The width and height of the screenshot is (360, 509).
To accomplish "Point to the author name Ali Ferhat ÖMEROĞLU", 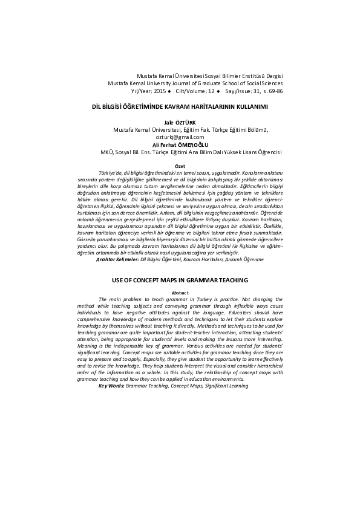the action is [180, 144].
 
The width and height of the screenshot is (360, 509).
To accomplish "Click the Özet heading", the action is [180, 165].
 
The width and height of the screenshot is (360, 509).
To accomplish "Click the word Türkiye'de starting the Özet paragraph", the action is [113, 173].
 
